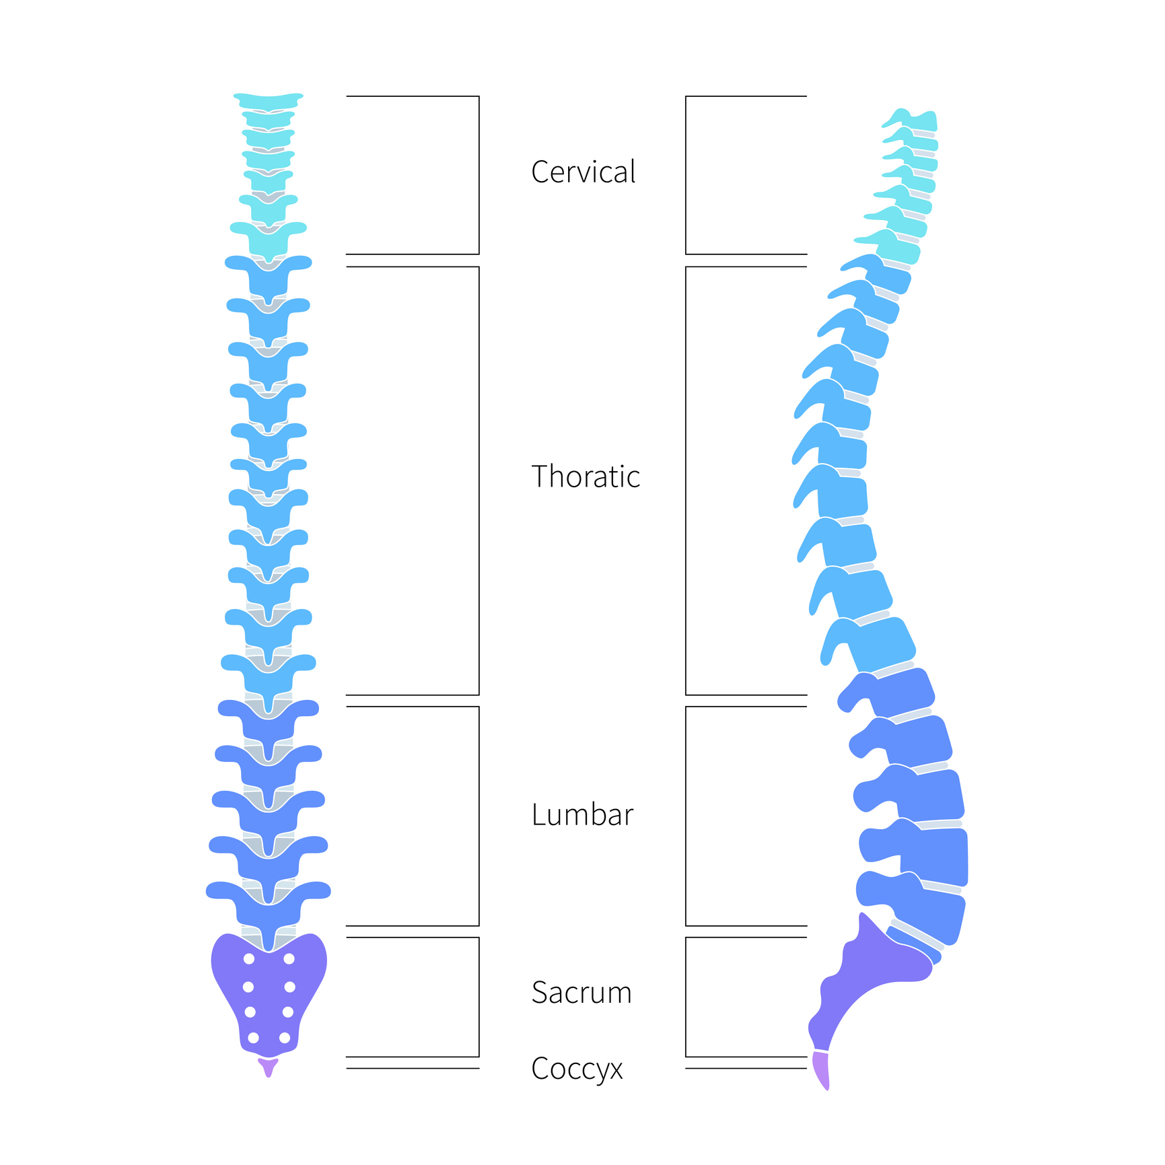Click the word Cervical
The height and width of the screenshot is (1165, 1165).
(583, 172)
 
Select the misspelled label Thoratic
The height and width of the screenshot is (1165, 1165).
(585, 476)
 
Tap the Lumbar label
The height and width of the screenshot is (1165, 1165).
(582, 814)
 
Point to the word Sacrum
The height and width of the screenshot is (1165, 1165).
(581, 993)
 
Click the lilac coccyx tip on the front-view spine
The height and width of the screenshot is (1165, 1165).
(268, 1067)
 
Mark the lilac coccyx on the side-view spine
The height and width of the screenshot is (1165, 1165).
(821, 1070)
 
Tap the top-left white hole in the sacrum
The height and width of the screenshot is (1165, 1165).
(249, 959)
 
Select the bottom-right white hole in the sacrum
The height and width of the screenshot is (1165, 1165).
(285, 1038)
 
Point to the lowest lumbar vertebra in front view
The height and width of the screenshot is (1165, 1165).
(269, 905)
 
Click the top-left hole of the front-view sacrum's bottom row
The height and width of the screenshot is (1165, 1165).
(254, 1038)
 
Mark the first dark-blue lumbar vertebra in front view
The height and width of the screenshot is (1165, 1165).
(269, 720)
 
